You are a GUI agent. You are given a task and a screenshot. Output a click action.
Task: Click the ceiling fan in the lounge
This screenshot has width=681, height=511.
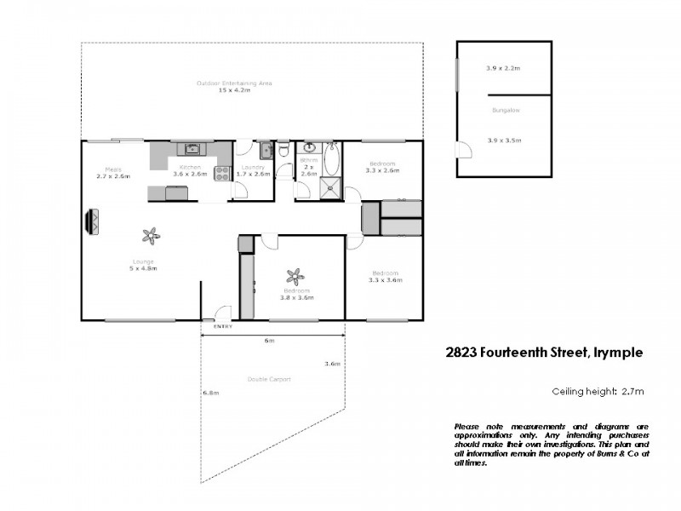151,234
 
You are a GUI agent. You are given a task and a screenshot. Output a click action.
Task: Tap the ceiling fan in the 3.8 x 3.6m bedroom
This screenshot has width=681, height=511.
295,276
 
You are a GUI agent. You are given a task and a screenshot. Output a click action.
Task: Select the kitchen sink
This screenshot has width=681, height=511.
192,147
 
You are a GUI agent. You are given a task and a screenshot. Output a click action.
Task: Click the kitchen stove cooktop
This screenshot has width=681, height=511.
222,173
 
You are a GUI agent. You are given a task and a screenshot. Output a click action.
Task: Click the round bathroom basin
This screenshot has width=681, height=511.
310,147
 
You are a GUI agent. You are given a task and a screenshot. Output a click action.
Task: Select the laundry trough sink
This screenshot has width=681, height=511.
265,152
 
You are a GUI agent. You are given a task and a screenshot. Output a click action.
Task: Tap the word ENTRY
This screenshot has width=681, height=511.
222,326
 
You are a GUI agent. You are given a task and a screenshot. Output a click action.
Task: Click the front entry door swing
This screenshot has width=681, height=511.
222,313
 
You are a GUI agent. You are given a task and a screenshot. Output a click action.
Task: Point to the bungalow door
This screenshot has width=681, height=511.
464,151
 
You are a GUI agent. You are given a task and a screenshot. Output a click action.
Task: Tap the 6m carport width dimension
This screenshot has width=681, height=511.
269,341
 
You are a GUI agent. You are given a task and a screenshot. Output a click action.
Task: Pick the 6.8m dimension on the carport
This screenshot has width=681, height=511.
211,393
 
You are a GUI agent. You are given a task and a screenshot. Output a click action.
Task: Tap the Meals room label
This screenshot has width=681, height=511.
112,169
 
